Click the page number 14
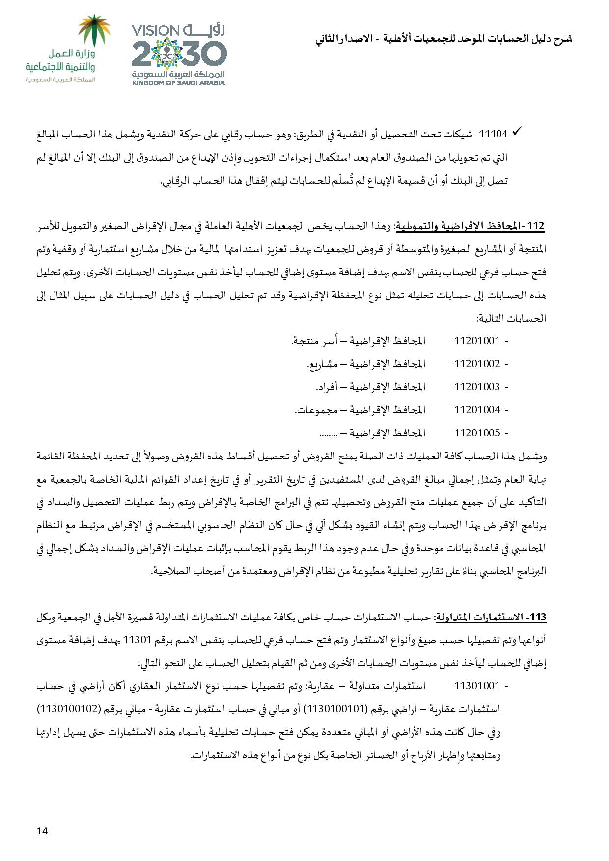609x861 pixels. (x=42, y=831)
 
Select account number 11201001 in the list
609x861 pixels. (x=477, y=340)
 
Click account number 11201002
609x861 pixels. (x=477, y=364)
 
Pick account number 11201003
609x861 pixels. (x=477, y=387)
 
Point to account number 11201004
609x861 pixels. (x=477, y=410)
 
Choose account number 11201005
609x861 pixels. (x=477, y=433)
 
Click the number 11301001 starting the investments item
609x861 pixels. (x=477, y=685)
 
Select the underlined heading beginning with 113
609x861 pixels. (x=491, y=617)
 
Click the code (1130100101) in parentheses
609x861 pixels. (x=335, y=709)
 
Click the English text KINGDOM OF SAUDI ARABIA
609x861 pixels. (x=178, y=83)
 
